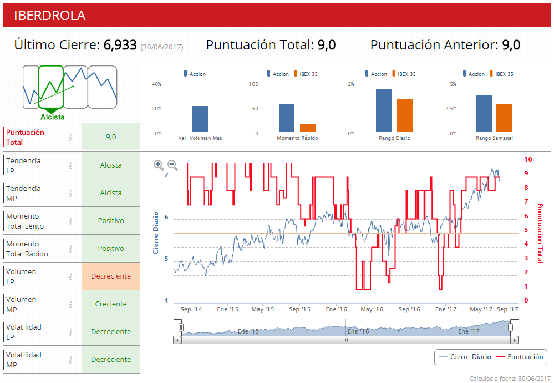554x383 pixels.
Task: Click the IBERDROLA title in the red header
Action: click(x=49, y=16)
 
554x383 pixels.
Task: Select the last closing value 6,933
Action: click(x=120, y=46)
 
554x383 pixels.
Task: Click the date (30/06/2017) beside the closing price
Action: click(x=161, y=47)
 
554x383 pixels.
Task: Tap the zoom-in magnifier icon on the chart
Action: click(x=159, y=164)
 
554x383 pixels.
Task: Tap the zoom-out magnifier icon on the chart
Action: click(x=173, y=164)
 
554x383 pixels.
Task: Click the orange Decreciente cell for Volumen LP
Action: click(x=111, y=276)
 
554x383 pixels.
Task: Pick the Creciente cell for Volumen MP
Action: click(x=111, y=304)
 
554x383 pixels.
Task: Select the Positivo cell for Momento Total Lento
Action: click(x=111, y=220)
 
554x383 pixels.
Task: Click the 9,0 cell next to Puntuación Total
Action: click(x=111, y=137)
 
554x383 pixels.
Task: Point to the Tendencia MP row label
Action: click(x=23, y=193)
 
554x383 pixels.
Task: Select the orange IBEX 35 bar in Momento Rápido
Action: click(x=308, y=128)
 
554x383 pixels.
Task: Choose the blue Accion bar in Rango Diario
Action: click(x=383, y=110)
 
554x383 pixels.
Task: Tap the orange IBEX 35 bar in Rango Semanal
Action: click(x=504, y=118)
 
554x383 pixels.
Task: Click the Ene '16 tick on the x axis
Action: click(x=337, y=309)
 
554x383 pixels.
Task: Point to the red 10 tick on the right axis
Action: click(x=528, y=159)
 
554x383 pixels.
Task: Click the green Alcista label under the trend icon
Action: click(x=52, y=117)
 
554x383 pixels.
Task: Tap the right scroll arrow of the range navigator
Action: click(x=514, y=340)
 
